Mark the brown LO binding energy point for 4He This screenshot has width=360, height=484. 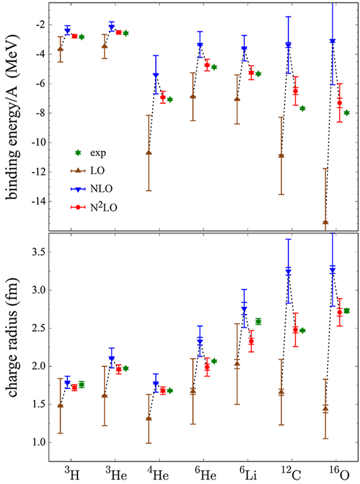coord(149,153)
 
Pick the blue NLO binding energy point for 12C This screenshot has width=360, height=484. coord(289,44)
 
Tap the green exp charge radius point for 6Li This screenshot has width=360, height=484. coord(259,321)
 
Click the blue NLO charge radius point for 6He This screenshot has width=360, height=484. coord(200,341)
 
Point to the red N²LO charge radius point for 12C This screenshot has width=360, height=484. coord(295,329)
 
